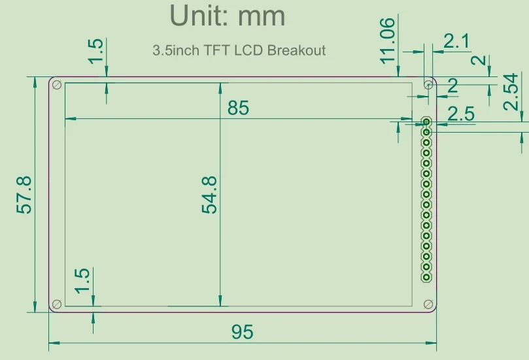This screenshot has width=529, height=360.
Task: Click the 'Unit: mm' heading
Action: tap(228, 16)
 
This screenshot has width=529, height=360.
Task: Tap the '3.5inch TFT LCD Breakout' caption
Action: tap(239, 50)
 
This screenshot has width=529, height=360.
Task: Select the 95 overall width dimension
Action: tap(242, 332)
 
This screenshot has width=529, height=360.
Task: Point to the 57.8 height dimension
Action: tap(24, 195)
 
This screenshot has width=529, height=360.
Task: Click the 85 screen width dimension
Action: tap(238, 108)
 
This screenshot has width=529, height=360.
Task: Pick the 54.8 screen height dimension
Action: tap(209, 195)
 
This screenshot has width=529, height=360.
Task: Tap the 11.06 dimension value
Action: tap(387, 41)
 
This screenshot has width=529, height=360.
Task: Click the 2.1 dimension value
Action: tap(456, 41)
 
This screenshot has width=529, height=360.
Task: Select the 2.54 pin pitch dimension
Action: tap(511, 91)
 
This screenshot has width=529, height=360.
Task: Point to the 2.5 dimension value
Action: tap(461, 114)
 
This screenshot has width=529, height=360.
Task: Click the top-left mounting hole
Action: tap(57, 84)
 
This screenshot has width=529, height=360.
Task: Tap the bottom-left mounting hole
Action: tap(57, 304)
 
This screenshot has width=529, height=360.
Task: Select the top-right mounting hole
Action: tap(428, 84)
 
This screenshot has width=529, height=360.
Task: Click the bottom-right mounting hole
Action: tap(428, 304)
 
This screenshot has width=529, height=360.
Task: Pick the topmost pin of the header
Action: tap(426, 122)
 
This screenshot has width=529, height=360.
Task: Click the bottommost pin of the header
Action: tap(426, 277)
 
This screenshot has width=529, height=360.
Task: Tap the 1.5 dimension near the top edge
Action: tap(95, 50)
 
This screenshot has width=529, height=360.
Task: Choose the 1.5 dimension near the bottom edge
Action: tap(82, 281)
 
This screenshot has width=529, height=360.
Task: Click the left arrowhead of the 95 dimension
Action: tap(54, 343)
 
